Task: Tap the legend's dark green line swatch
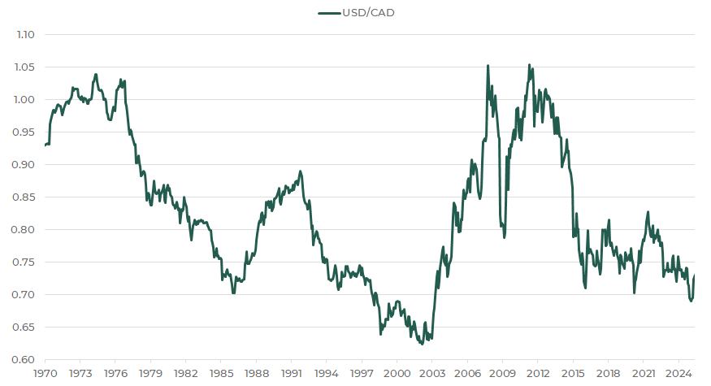(327, 12)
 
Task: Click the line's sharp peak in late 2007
(488, 66)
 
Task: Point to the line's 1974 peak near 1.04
(96, 74)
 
